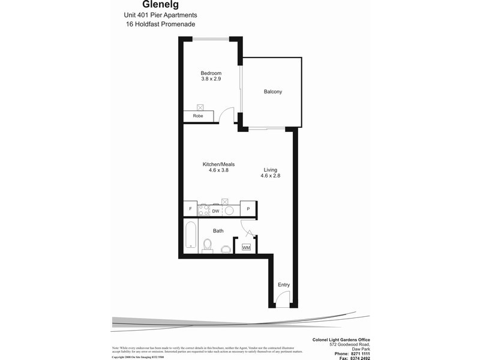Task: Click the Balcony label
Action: click(272, 92)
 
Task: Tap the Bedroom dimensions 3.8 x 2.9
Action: click(211, 79)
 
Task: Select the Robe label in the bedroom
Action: click(197, 116)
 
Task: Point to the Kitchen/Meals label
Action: click(218, 164)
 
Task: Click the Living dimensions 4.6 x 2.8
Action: click(270, 176)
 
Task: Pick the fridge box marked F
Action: click(190, 209)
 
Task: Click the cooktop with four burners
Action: click(203, 209)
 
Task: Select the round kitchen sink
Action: click(229, 209)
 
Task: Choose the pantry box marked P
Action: click(248, 209)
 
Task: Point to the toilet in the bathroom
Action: click(208, 246)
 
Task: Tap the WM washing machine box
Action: click(246, 247)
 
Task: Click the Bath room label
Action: click(218, 230)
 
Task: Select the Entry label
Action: click(283, 285)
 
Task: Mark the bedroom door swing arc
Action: click(226, 115)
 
